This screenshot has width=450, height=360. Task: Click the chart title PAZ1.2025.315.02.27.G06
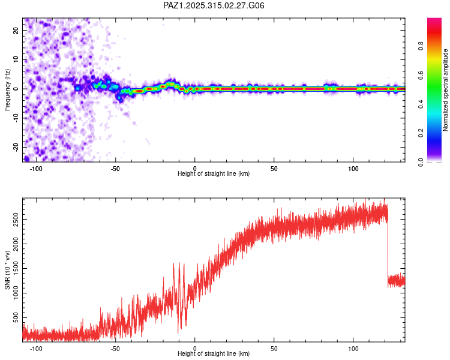[x=214, y=5]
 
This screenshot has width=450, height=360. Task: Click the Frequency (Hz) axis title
[x=7, y=90]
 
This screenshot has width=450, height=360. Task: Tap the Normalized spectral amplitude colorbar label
[x=446, y=90]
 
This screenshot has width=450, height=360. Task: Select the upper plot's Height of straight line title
[x=214, y=173]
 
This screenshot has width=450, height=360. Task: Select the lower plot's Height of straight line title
[x=214, y=353]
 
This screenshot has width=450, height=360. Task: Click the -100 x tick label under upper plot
[x=35, y=168]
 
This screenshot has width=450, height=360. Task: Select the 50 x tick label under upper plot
[x=274, y=168]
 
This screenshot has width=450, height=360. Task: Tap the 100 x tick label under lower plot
[x=353, y=348]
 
